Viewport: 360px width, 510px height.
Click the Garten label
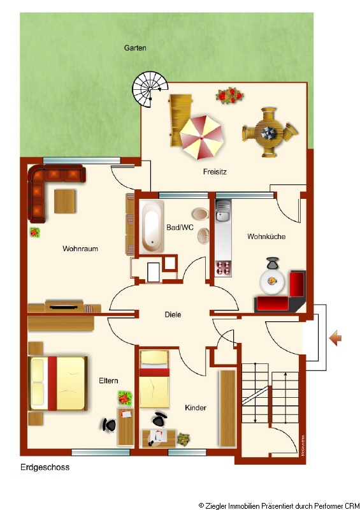coord(135,48)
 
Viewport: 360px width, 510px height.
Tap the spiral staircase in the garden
coord(150,89)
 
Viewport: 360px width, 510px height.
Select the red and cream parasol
coord(201,137)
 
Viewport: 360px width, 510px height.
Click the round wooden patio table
coord(269,133)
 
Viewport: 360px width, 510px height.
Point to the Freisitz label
coord(215,171)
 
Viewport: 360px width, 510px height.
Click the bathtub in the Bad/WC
coord(151,226)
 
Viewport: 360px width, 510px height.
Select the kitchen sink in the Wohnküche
coord(223,210)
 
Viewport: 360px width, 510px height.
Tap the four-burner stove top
coord(223,268)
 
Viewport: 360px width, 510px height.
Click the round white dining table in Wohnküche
coord(272,280)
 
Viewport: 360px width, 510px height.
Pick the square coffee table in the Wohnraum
coord(65,201)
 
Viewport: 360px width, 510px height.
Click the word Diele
coord(173,314)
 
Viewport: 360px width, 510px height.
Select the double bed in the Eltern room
coord(58,384)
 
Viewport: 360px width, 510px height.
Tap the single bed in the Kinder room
coord(154,379)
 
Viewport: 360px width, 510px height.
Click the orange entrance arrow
coord(335,339)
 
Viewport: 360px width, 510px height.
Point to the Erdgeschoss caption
coord(45,467)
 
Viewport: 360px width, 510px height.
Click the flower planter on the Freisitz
coord(229,95)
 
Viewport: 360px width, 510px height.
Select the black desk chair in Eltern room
coord(109,425)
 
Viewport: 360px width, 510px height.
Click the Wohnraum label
coord(80,249)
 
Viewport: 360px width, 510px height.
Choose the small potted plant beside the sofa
coord(35,232)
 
